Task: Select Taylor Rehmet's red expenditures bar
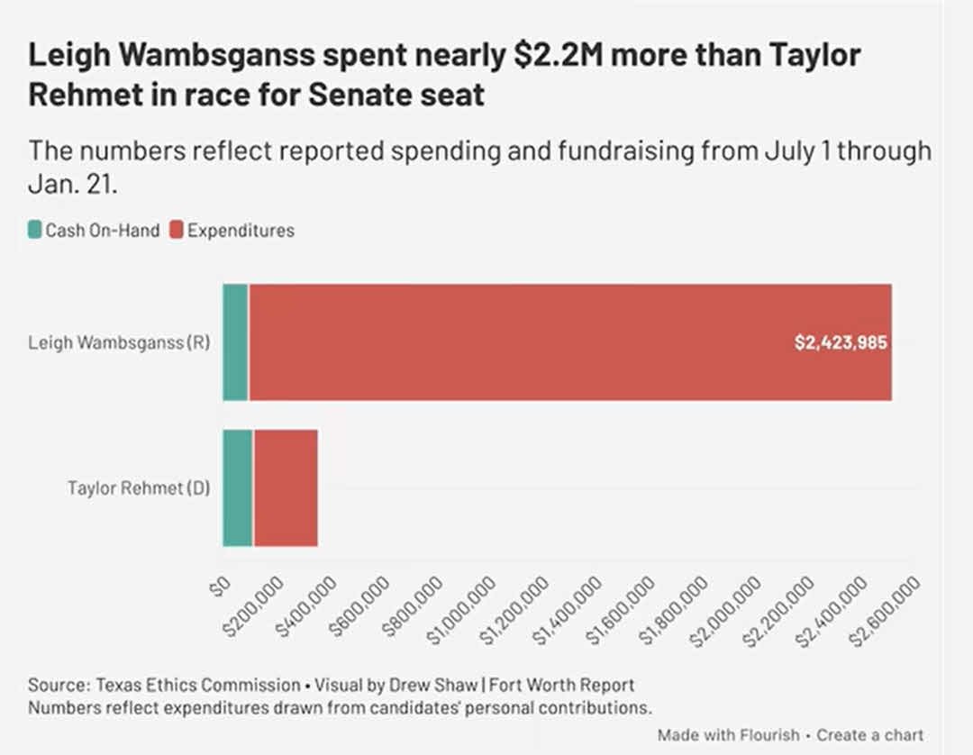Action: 286,488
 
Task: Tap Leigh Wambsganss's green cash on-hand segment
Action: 235,342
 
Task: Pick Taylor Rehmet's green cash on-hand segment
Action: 238,488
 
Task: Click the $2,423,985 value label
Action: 841,343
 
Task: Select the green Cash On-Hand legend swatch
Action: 35,231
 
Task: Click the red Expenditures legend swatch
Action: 176,231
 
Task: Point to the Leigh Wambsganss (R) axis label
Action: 119,343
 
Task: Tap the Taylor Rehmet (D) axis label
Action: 139,489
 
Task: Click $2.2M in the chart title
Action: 542,56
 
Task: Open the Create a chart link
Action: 870,734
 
